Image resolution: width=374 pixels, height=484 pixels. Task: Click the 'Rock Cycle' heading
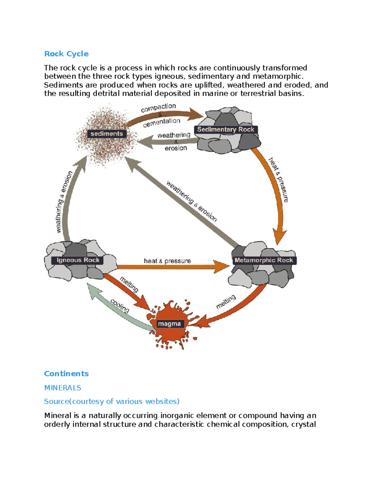(66, 54)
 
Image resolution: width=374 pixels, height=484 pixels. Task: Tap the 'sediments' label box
(107, 134)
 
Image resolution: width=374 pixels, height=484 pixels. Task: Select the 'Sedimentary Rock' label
(226, 129)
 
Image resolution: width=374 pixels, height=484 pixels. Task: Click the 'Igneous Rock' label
(78, 260)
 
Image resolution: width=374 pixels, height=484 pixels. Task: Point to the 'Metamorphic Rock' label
(264, 260)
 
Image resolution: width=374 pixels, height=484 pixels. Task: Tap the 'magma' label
(169, 324)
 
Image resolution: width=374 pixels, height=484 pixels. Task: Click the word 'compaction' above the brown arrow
(158, 108)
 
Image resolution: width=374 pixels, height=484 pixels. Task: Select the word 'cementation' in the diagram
(161, 122)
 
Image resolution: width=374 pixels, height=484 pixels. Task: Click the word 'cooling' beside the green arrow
(120, 306)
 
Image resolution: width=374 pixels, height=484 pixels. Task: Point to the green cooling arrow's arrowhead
(93, 290)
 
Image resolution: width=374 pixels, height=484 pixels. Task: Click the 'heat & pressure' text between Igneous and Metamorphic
(167, 261)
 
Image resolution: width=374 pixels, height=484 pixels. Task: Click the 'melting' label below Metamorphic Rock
(226, 302)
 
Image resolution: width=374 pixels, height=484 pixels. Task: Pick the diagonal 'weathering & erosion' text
(191, 201)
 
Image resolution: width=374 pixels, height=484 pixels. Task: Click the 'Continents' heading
(66, 374)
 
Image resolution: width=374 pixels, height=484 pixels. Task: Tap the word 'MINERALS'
(63, 388)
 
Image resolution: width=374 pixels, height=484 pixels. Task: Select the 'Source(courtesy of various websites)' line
(112, 401)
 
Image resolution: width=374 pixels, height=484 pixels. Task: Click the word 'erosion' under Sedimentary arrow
(176, 148)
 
